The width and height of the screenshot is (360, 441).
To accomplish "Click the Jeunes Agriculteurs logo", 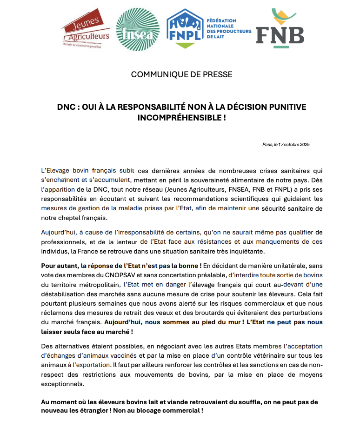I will (86, 28).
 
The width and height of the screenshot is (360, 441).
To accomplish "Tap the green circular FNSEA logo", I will (134, 29).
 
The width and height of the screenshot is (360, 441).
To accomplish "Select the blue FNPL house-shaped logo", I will (185, 28).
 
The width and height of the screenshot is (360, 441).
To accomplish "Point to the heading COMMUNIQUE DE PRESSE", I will (181, 74).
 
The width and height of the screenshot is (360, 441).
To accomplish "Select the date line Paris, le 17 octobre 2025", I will (286, 145).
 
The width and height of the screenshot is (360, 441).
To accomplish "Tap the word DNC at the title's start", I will (66, 107).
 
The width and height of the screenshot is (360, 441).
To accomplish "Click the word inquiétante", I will (245, 251).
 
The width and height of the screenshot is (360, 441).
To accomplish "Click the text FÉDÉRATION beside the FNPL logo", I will (221, 20).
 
